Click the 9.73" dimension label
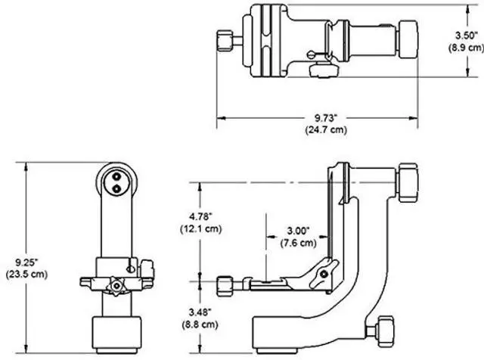326,118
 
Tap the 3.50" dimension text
467,36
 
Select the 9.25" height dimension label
26,262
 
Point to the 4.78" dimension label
201,216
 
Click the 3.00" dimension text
298,231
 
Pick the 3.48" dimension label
200,312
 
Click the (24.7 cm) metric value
326,129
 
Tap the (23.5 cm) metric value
27,275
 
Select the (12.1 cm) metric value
201,229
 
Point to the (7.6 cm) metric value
299,243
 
